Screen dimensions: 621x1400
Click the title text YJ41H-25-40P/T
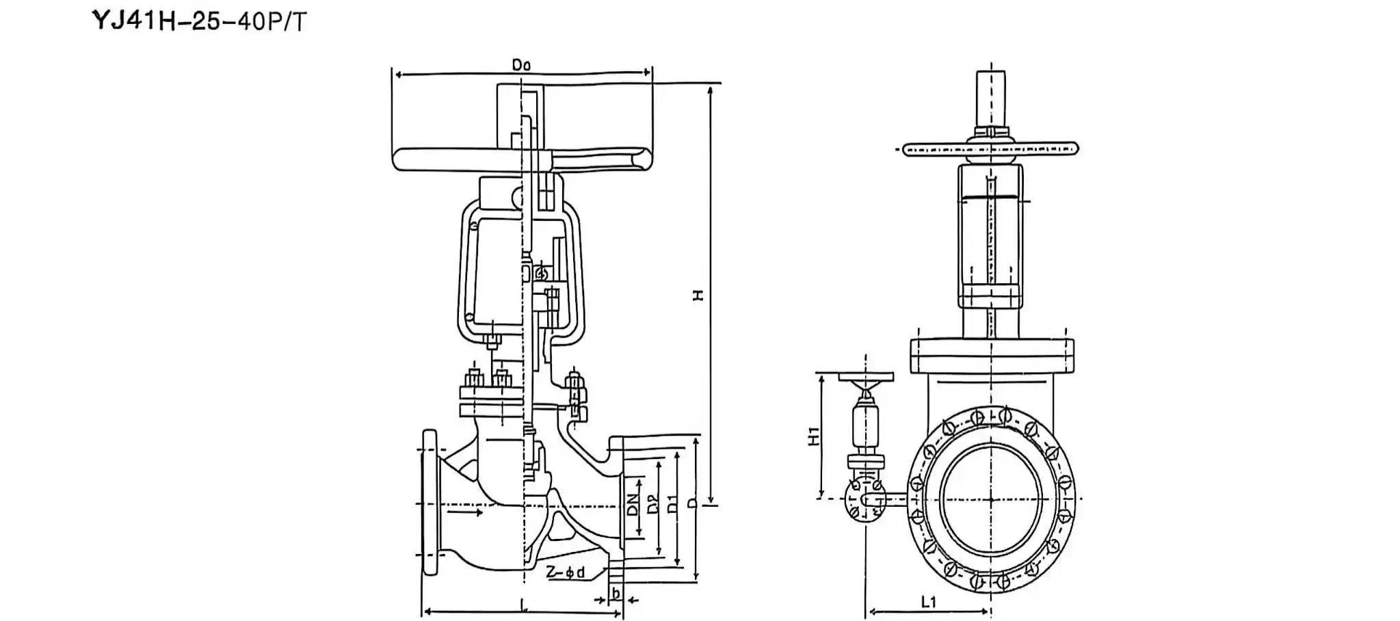[200, 21]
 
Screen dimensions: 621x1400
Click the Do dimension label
[521, 65]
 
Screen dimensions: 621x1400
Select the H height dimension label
[697, 295]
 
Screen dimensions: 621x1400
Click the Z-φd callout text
[566, 572]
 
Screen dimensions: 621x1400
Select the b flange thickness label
[616, 593]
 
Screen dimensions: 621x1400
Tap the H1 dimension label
[813, 436]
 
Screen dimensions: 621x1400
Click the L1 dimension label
[927, 601]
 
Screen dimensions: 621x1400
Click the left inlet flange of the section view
[430, 503]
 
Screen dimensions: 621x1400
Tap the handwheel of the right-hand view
[990, 149]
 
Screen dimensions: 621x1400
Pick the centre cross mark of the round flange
[990, 499]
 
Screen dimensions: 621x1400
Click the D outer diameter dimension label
[692, 503]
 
